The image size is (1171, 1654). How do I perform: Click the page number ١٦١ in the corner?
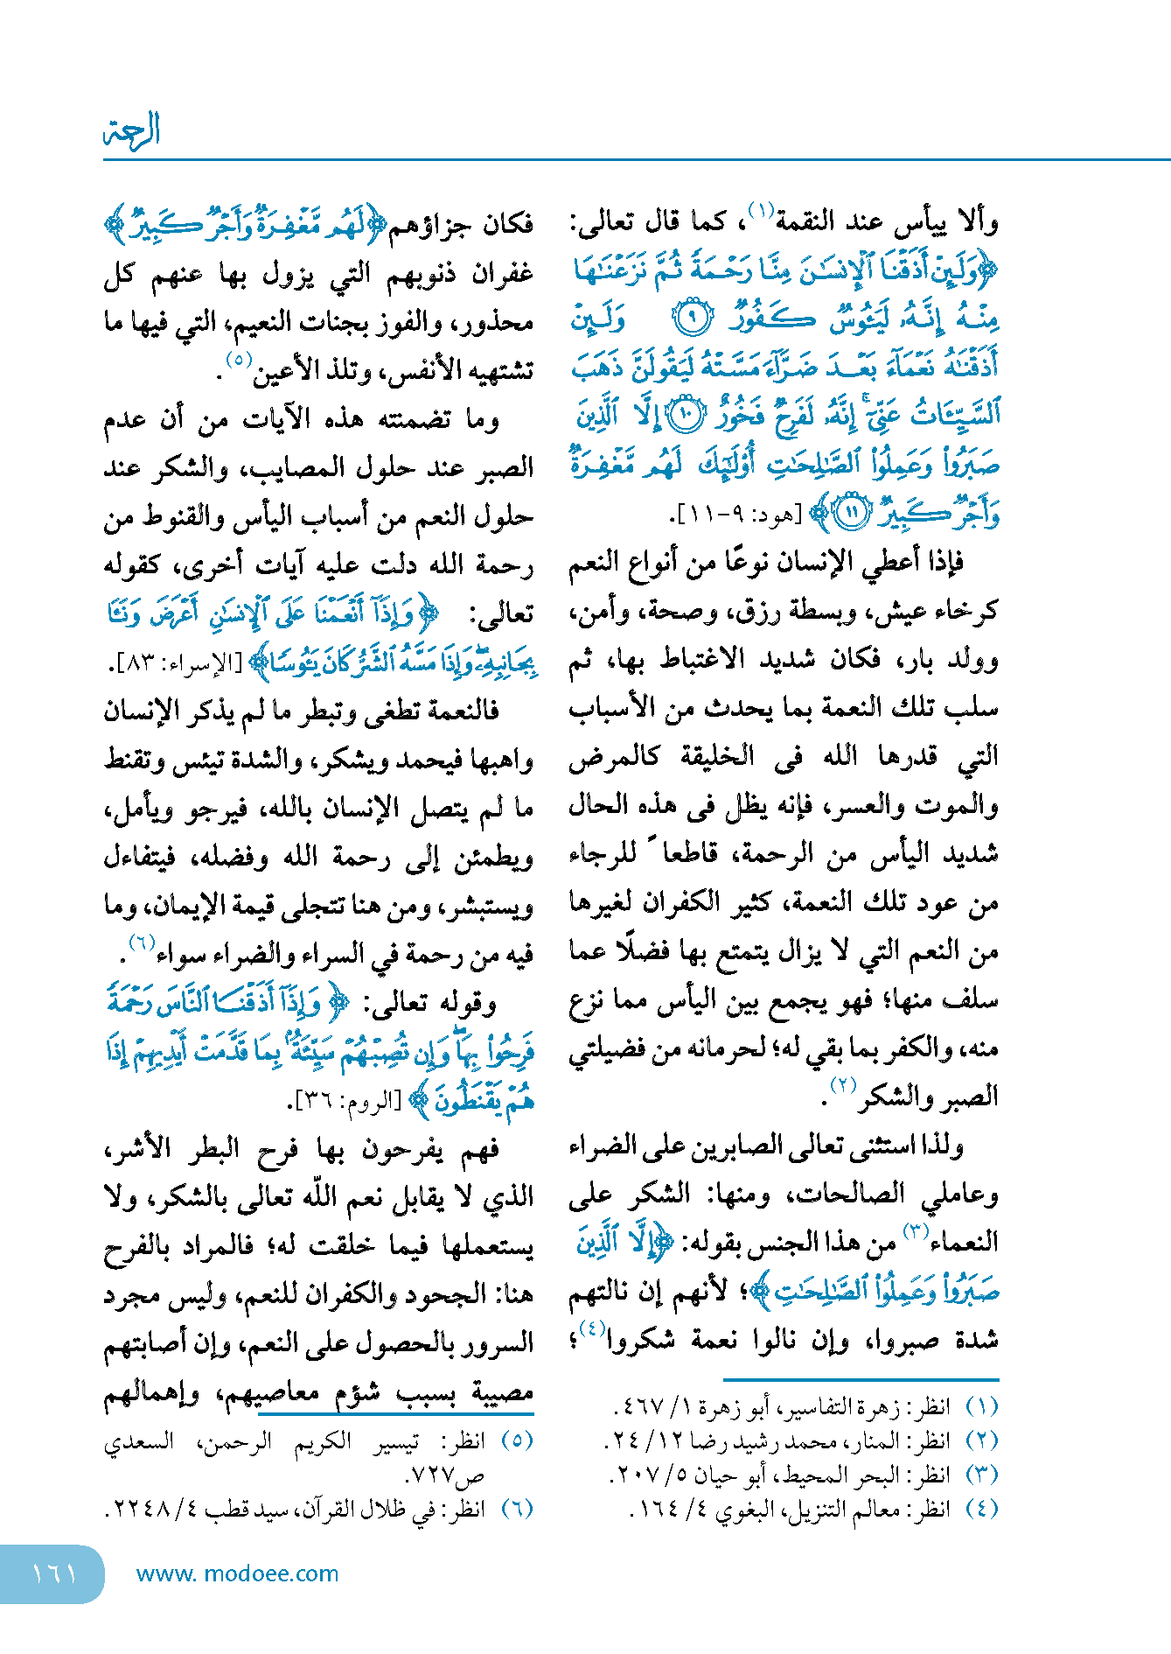tap(54, 1574)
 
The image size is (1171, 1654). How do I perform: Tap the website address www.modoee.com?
tap(237, 1573)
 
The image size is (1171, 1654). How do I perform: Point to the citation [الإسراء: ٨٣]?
tap(175, 663)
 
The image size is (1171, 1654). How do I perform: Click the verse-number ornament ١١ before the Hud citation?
tap(850, 513)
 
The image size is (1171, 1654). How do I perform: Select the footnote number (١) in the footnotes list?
tap(981, 1407)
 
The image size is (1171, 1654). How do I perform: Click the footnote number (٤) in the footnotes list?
tap(981, 1509)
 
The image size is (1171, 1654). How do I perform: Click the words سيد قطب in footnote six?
tap(249, 1510)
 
